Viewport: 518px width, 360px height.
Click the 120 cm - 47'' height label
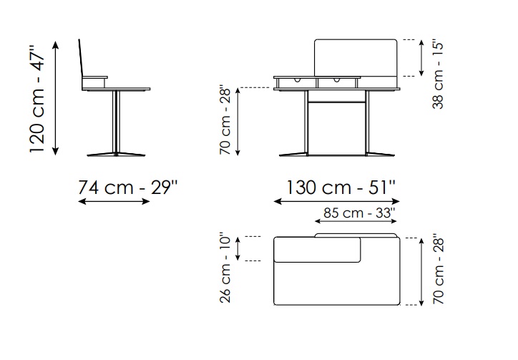(x=36, y=98)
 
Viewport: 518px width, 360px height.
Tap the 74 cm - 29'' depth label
(x=128, y=188)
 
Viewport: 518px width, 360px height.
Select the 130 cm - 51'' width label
(x=341, y=188)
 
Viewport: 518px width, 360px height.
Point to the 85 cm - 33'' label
(x=359, y=213)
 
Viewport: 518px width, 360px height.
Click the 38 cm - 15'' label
(x=437, y=75)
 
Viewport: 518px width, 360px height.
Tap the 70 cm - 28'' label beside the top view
(x=439, y=270)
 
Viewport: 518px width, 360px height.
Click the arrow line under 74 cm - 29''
(x=114, y=201)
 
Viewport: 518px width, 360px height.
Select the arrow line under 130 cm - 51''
(x=337, y=201)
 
